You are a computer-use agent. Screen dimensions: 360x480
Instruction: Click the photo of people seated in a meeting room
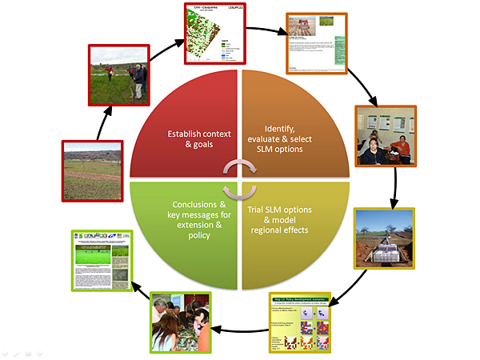coord(384,135)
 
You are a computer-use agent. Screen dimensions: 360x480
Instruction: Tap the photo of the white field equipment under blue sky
coord(384,239)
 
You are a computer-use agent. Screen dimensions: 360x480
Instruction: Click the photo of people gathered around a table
coord(181,322)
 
